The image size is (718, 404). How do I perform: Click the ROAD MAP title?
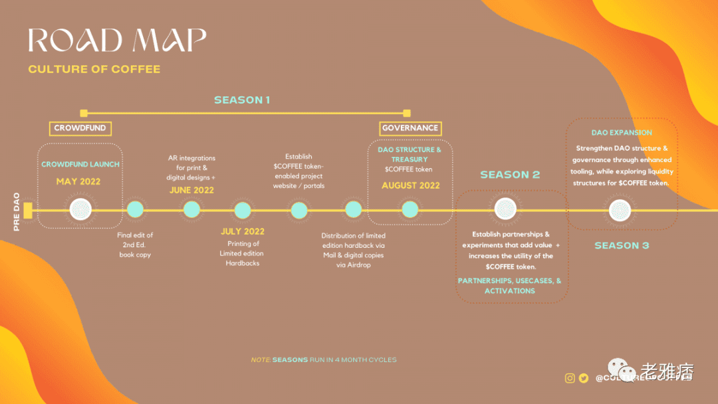[x=117, y=41]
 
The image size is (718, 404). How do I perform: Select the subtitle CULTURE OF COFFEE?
[x=94, y=69]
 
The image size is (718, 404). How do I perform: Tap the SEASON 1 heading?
[x=242, y=100]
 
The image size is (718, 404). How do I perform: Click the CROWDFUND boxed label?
[x=80, y=128]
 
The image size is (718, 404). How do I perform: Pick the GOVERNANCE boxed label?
[x=410, y=128]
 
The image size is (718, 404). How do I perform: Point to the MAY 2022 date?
[x=78, y=181]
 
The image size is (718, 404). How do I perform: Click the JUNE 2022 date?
[x=191, y=190]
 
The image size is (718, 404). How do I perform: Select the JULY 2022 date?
[x=242, y=231]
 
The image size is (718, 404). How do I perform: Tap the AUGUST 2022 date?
[x=410, y=185]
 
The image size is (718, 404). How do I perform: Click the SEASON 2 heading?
[x=510, y=175]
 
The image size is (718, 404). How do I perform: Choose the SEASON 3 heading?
[x=622, y=246]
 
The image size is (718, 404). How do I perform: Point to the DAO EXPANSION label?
[x=622, y=133]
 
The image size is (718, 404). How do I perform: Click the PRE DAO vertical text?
[x=17, y=212]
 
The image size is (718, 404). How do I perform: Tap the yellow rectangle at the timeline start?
[x=28, y=211]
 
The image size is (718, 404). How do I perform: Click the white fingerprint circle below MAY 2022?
[x=80, y=210]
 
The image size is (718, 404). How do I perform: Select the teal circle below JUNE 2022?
[x=191, y=210]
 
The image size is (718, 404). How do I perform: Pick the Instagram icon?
[x=570, y=378]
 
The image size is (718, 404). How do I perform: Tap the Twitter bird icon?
[x=584, y=378]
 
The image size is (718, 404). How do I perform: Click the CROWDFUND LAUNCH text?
[x=80, y=164]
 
